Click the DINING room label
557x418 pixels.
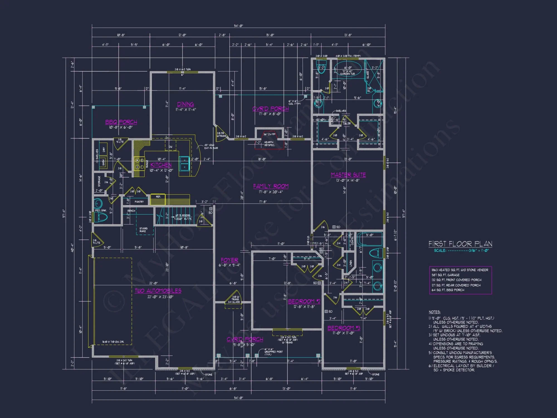click(x=185, y=104)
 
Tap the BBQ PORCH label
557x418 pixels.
click(x=121, y=122)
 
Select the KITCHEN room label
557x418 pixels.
click(x=161, y=165)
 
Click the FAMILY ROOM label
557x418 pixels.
click(x=271, y=186)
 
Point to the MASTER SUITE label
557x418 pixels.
click(x=348, y=175)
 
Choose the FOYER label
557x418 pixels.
click(x=229, y=260)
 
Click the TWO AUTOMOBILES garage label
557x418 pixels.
click(x=158, y=291)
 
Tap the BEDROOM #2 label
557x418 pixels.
click(x=304, y=301)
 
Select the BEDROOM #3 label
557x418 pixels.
click(x=344, y=328)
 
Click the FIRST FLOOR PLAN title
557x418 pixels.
click(x=460, y=244)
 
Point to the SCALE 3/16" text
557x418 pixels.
click(x=461, y=251)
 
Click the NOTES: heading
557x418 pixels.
click(x=434, y=312)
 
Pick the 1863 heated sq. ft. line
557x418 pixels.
click(x=460, y=270)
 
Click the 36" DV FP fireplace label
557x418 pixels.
click(x=269, y=134)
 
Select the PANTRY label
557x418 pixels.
click(x=139, y=201)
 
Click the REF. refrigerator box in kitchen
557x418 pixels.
click(x=158, y=199)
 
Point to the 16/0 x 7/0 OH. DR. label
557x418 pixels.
click(x=113, y=342)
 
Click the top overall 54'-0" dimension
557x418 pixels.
click(x=238, y=26)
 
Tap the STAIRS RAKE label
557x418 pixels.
click(x=143, y=230)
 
